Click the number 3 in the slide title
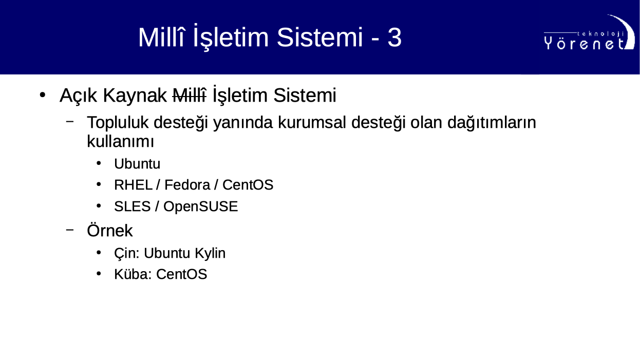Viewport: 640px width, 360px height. [394, 37]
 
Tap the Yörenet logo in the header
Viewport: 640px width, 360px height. [589, 33]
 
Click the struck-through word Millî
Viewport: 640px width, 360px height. [189, 95]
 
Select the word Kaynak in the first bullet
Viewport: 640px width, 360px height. [135, 96]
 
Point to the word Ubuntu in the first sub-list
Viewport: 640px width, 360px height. [137, 164]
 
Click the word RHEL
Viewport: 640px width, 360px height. [133, 185]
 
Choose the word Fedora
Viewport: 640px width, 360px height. [187, 185]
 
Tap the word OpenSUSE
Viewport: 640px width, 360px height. [200, 206]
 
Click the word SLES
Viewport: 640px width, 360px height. [133, 206]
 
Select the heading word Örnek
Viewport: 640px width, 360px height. [110, 230]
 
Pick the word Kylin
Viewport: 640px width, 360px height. [210, 253]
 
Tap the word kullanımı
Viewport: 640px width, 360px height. [120, 141]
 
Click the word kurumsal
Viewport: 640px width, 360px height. [312, 122]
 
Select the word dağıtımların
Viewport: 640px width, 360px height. [492, 123]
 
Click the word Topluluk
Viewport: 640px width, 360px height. [118, 123]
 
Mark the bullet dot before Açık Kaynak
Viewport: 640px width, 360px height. [43, 95]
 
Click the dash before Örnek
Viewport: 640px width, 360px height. [70, 230]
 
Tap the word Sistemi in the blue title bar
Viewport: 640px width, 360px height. [319, 37]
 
